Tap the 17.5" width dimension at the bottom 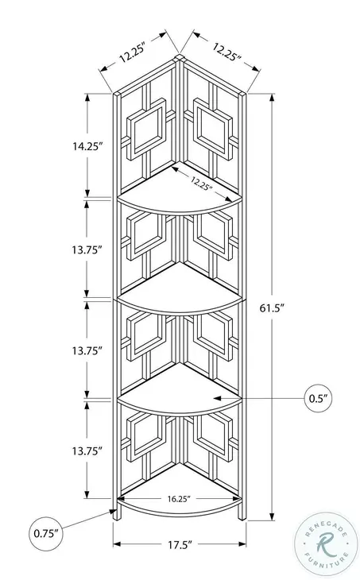click(x=180, y=544)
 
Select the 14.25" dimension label click(x=87, y=146)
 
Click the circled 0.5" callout click(x=318, y=398)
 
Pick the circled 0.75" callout click(x=46, y=533)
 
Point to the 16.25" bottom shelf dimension click(x=179, y=499)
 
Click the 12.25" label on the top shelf click(x=202, y=183)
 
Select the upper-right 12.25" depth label click(x=226, y=52)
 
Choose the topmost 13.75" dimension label click(x=87, y=250)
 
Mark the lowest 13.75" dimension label click(x=87, y=451)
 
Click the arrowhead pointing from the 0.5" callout click(x=218, y=398)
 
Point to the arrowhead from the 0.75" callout click(x=113, y=512)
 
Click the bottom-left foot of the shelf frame click(x=117, y=515)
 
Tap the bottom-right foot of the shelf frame click(x=242, y=515)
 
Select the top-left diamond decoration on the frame click(x=146, y=129)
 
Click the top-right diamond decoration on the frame click(x=213, y=129)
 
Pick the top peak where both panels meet click(x=180, y=56)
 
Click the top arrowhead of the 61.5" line click(x=272, y=97)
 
